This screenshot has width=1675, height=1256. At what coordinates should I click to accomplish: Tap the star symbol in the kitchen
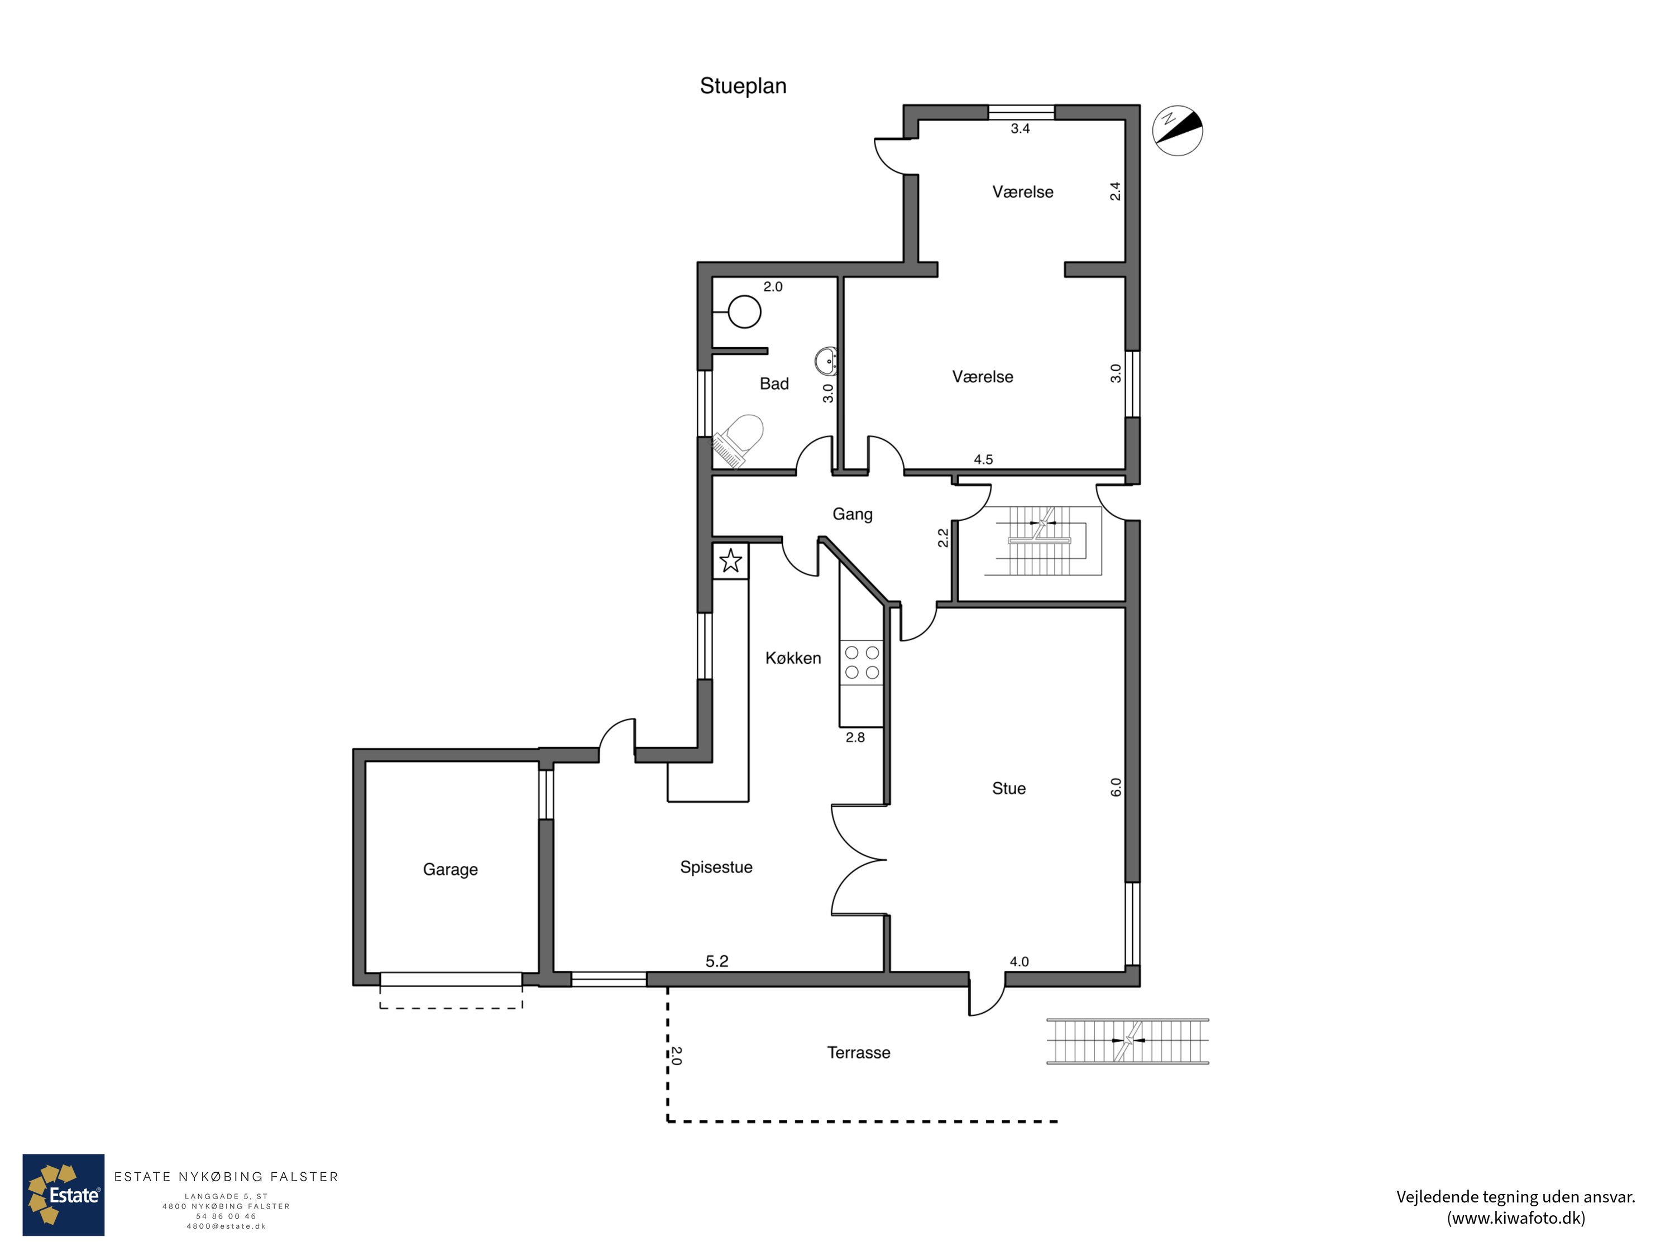tap(730, 561)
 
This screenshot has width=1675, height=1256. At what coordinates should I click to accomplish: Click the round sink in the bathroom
tap(827, 361)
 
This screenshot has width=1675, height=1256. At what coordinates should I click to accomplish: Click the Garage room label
tap(450, 869)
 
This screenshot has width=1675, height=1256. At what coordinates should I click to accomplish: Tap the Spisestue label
tap(716, 867)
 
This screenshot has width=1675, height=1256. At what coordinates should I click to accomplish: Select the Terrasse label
tap(858, 1052)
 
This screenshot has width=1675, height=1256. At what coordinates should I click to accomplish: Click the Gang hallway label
tap(852, 514)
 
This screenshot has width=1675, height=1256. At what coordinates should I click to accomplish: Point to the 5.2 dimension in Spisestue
tap(716, 961)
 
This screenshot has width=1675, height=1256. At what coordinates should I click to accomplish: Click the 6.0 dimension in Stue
tap(1116, 787)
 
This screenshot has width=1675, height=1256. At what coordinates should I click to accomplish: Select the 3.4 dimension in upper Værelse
tap(1020, 129)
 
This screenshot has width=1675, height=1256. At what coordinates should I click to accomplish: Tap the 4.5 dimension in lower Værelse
tap(983, 459)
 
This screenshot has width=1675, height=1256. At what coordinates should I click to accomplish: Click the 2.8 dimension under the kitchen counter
tap(855, 737)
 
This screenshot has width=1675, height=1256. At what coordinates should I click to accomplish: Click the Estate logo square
tap(64, 1195)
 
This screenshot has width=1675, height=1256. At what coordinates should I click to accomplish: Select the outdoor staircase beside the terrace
tap(1127, 1041)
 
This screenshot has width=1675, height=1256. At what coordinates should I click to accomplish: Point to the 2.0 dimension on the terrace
tap(676, 1056)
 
